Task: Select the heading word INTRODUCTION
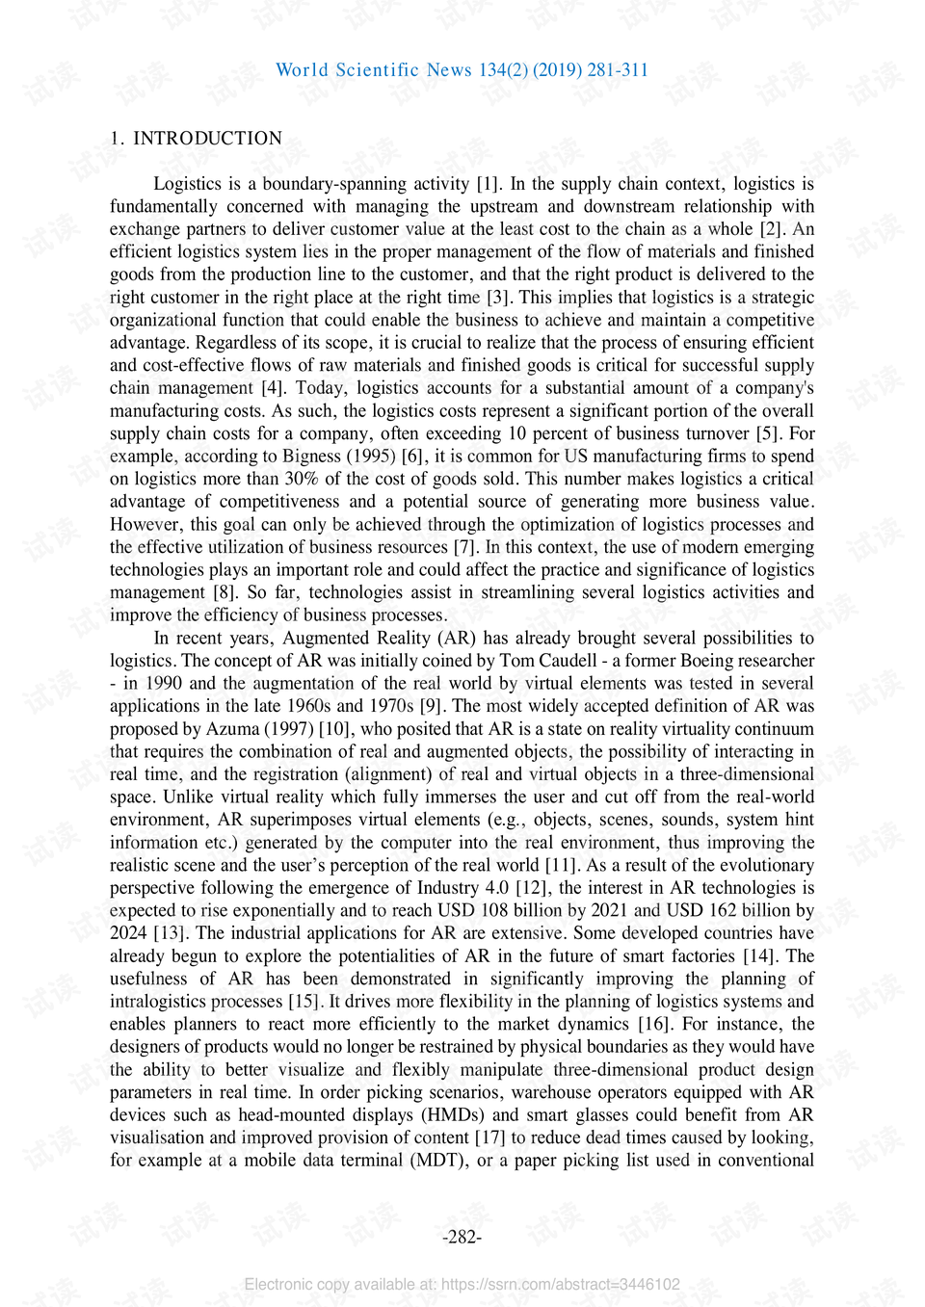click(207, 139)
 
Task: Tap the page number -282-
click(462, 1238)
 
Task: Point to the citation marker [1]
click(488, 184)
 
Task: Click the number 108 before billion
click(494, 910)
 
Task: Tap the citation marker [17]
click(489, 1137)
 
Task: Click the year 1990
click(164, 684)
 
